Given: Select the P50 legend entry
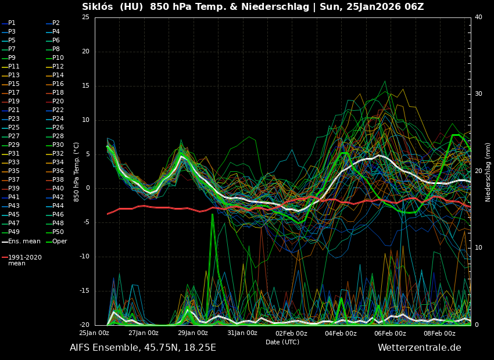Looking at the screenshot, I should (58, 232).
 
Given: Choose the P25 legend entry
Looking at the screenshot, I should (13, 128).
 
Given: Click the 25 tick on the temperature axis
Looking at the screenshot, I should (85, 17).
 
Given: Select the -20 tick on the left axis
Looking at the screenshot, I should (84, 325).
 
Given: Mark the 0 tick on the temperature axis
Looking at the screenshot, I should (88, 188).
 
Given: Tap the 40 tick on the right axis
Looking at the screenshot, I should (478, 17).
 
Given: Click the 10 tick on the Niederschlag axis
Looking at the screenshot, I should (478, 248).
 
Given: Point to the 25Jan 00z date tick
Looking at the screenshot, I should (94, 333).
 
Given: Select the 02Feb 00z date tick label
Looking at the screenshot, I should (291, 333).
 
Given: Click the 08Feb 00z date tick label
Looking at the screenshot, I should (439, 333).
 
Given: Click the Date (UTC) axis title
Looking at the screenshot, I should (282, 343).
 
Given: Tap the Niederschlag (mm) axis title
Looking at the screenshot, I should (488, 172).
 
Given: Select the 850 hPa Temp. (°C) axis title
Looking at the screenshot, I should (77, 172).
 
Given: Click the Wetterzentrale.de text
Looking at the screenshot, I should (419, 348).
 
